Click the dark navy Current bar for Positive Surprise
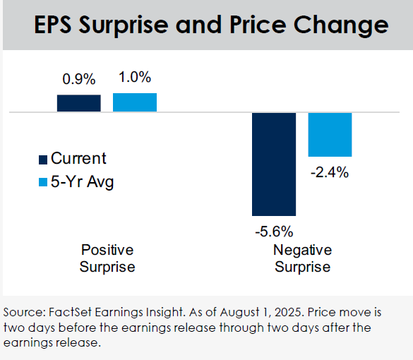(x=79, y=103)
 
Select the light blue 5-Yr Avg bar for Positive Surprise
(x=135, y=102)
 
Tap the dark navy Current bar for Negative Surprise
(x=274, y=164)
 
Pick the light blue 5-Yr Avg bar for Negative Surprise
(x=330, y=135)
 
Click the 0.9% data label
(x=79, y=79)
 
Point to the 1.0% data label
(x=135, y=77)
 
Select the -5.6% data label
(x=274, y=232)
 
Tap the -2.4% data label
(x=330, y=172)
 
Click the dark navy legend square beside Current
(x=43, y=160)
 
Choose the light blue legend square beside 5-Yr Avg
(x=43, y=182)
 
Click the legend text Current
(x=78, y=158)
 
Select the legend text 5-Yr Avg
(x=82, y=181)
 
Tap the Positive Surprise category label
(x=107, y=258)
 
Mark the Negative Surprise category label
(x=303, y=258)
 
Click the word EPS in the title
(x=53, y=25)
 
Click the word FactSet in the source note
(x=70, y=312)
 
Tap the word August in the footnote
(x=239, y=313)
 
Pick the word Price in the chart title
(x=258, y=25)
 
